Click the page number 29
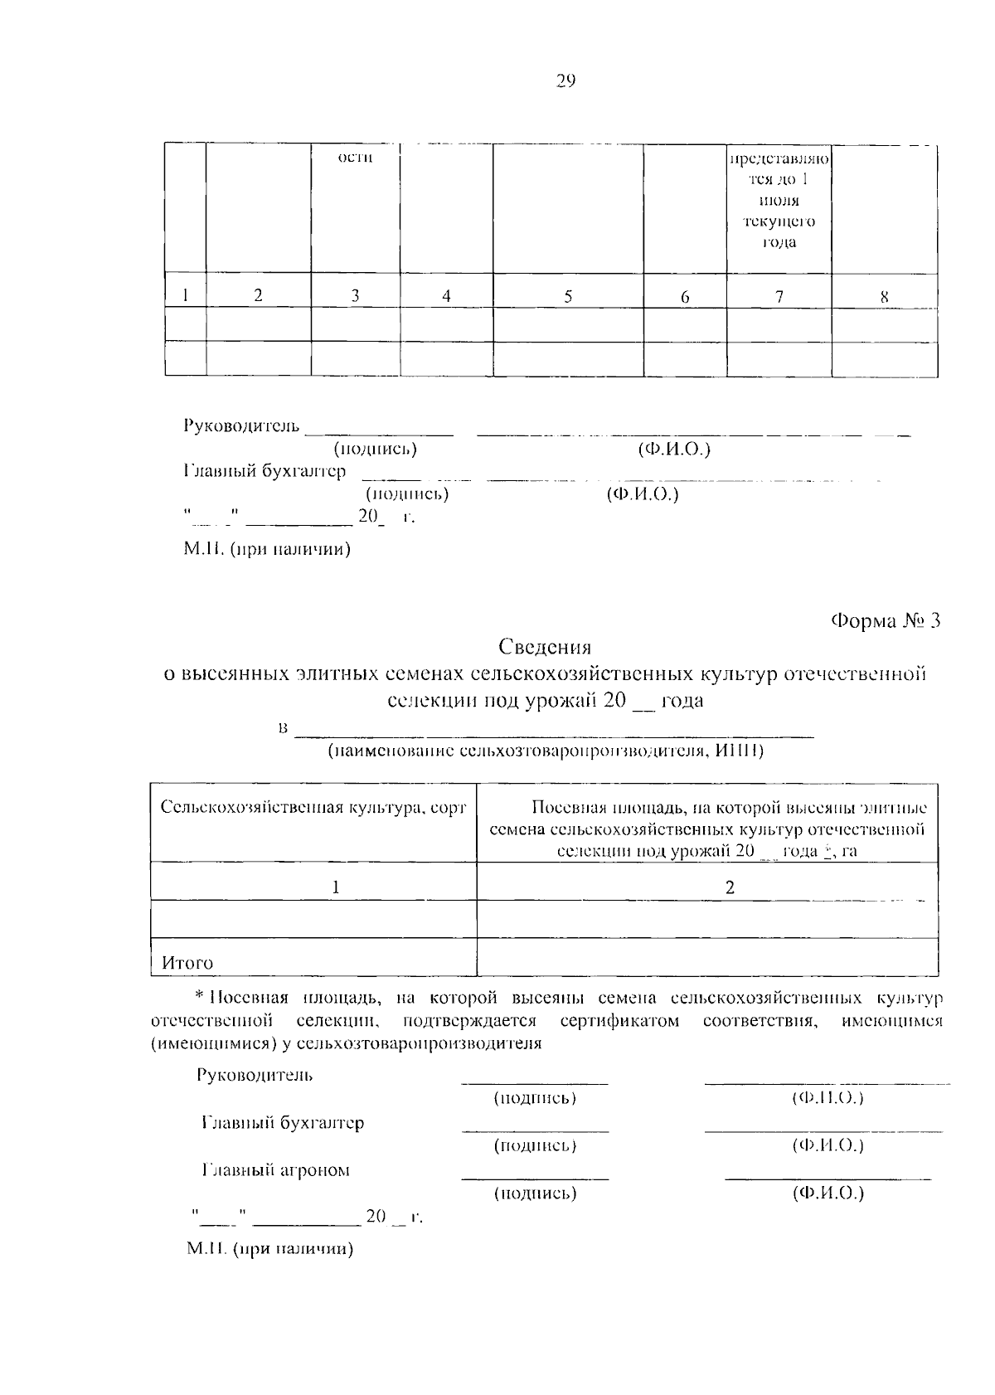click(x=565, y=80)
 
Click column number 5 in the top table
click(x=568, y=296)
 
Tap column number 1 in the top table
click(x=186, y=295)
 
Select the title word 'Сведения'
click(x=545, y=647)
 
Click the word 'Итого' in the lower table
click(x=187, y=963)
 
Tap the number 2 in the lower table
click(x=730, y=887)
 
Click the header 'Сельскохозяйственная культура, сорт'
click(x=313, y=807)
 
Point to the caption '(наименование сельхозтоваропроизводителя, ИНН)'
click(x=545, y=751)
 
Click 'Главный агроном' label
click(x=276, y=1170)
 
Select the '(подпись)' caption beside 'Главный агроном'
click(x=535, y=1193)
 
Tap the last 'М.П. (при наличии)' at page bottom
click(x=270, y=1249)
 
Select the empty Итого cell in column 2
click(x=707, y=957)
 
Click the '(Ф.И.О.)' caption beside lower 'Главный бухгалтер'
click(x=828, y=1145)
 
